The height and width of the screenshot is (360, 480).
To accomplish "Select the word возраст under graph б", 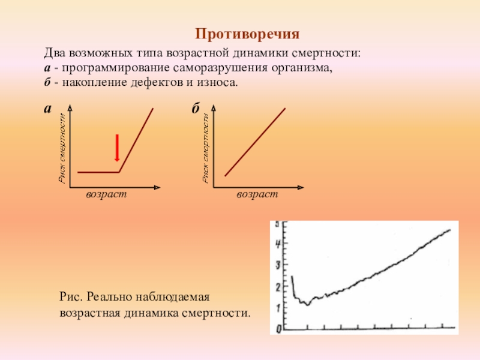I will click(257, 195).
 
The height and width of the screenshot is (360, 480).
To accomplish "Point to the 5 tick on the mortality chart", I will click(277, 224).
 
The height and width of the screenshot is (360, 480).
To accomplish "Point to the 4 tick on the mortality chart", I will click(277, 244).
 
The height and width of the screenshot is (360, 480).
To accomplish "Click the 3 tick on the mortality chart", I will click(277, 265).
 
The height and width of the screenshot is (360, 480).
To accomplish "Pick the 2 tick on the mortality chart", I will click(277, 287).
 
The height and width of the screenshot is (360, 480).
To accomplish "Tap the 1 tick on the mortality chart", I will click(277, 308).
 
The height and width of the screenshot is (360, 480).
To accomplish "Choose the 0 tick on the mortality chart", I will click(277, 329).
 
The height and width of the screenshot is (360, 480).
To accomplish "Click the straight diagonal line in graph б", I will click(255, 142).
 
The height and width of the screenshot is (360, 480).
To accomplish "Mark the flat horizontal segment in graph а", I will click(98, 172).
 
